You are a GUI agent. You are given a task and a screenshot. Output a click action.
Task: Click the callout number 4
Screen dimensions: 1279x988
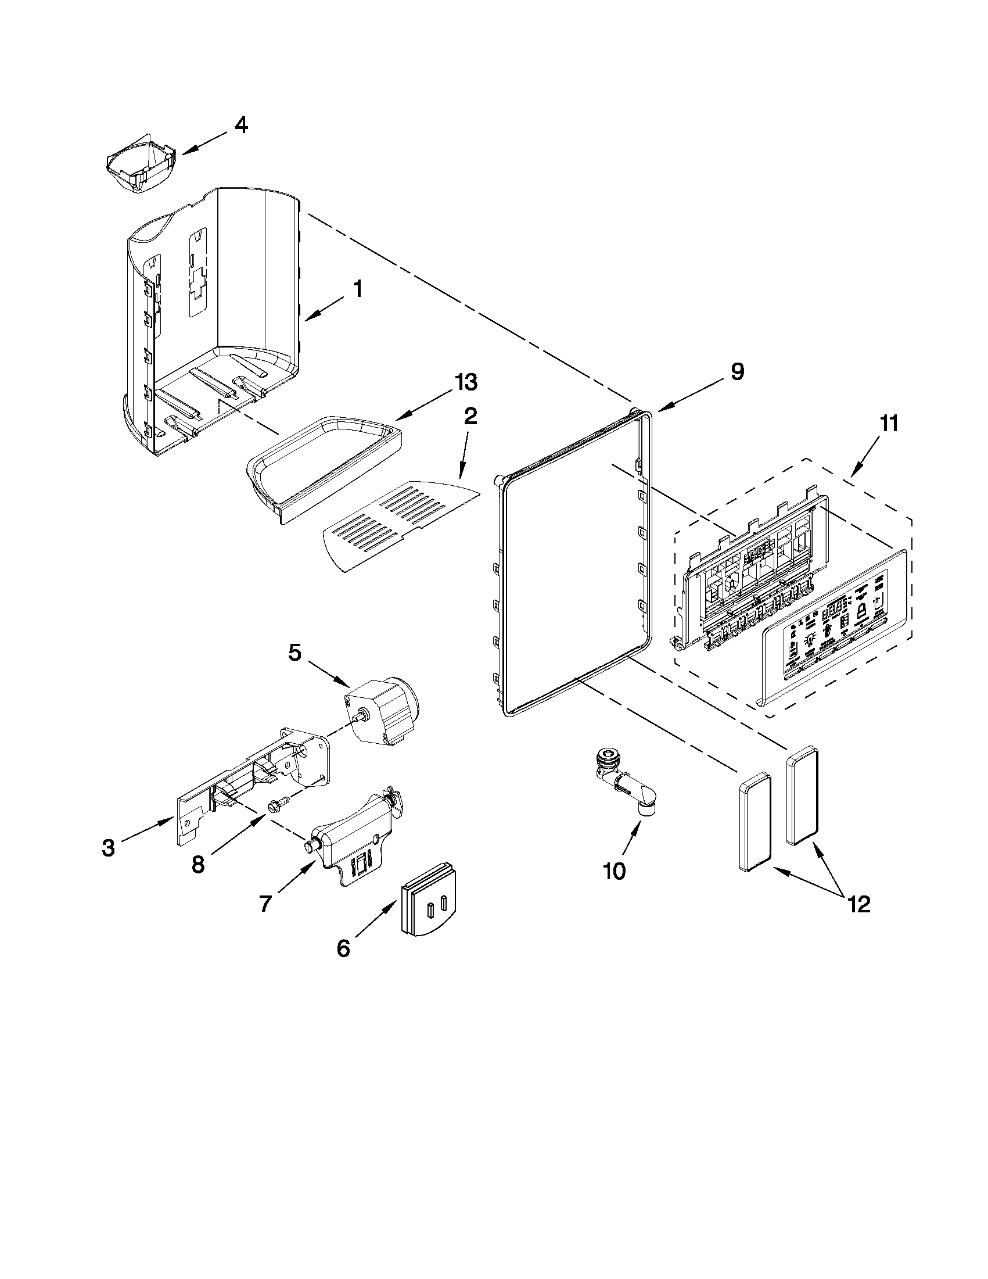[241, 126]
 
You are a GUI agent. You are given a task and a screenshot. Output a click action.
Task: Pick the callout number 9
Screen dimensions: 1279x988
[737, 371]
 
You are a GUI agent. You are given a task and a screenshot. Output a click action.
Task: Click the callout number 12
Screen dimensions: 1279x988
[858, 904]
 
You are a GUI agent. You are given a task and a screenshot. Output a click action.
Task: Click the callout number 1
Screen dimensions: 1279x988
[357, 289]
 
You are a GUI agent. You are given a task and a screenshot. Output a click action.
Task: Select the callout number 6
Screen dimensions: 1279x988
[344, 948]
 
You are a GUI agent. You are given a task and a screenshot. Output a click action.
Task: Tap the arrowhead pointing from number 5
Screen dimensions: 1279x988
[346, 683]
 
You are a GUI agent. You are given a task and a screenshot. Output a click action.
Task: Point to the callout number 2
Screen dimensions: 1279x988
[470, 417]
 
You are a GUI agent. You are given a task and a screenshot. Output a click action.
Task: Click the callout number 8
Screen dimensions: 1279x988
[198, 863]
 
